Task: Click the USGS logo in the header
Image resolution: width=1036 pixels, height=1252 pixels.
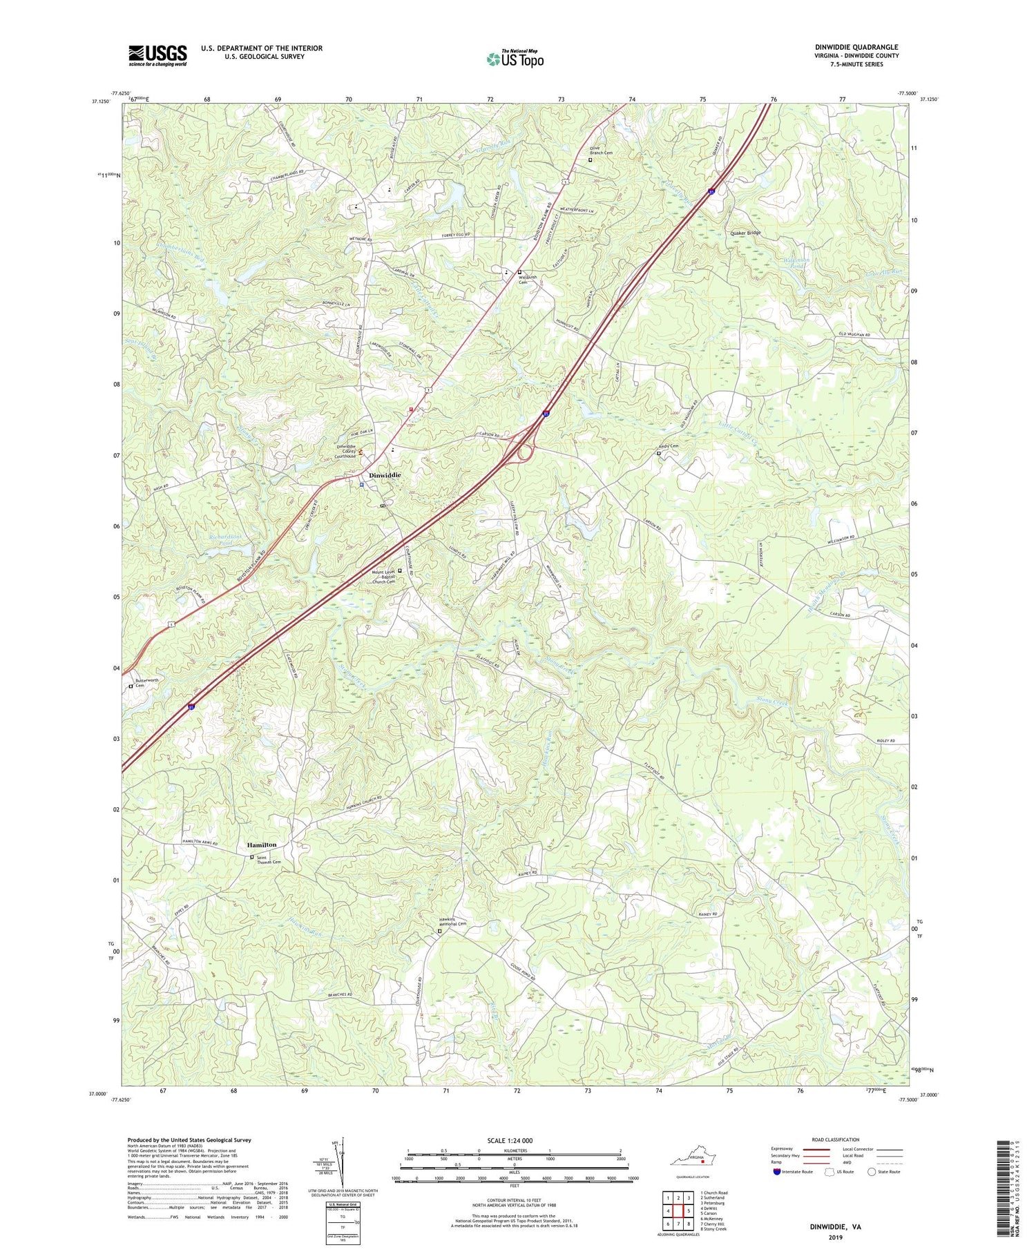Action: pos(157,55)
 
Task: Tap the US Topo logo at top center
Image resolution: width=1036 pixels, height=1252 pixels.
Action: pos(515,59)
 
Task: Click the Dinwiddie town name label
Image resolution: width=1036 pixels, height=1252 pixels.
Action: pos(384,475)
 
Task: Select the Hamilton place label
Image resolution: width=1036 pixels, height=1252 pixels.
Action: pos(262,845)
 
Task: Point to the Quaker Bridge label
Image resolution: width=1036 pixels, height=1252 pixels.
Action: pos(745,233)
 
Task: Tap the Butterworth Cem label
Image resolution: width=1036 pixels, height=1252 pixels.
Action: pos(146,682)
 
